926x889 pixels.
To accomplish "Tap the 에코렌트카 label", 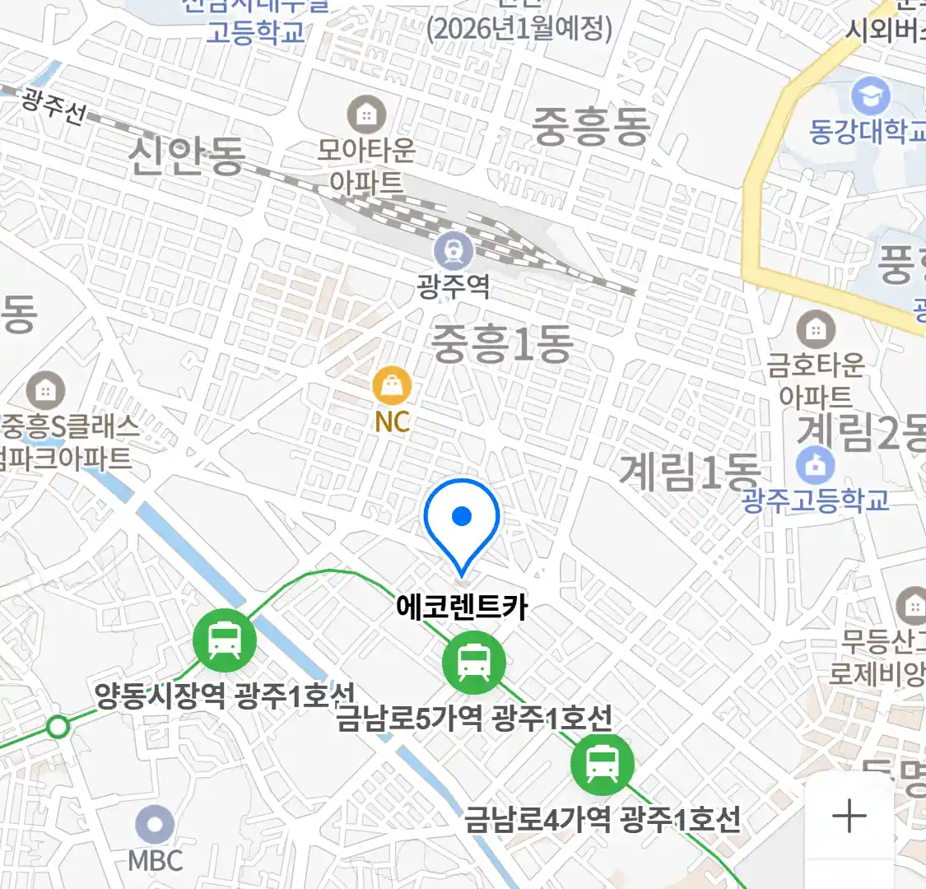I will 462,607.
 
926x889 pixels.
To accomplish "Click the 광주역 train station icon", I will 454,249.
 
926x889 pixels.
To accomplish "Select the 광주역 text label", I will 454,287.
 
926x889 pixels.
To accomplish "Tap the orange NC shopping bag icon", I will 392,384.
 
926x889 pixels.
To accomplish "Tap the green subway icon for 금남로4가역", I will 603,763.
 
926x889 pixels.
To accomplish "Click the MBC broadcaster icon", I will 155,825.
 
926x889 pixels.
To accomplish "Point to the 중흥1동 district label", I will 502,343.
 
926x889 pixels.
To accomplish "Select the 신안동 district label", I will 187,156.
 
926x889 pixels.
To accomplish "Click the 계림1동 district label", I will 689,472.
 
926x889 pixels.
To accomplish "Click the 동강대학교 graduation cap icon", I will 870,96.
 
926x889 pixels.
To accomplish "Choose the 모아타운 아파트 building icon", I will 366,114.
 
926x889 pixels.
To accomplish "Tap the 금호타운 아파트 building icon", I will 815,330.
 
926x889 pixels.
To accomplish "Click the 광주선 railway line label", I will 53,106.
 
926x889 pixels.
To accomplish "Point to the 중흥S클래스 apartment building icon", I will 45,391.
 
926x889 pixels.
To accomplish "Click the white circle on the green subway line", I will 58,727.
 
